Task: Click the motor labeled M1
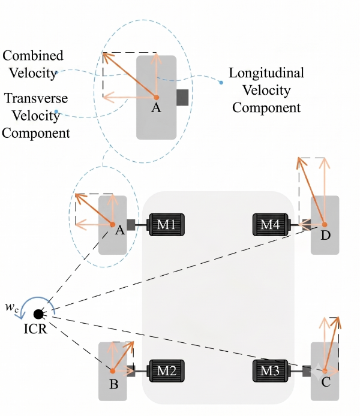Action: (x=166, y=225)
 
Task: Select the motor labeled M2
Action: (x=166, y=370)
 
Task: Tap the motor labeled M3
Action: (x=271, y=370)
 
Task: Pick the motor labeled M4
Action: (x=271, y=225)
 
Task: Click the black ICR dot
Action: (x=38, y=314)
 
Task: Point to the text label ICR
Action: (x=35, y=329)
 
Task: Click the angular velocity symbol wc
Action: (x=11, y=308)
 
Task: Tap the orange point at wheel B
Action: (x=113, y=370)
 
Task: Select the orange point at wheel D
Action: (x=325, y=225)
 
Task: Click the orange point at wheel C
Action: (x=325, y=370)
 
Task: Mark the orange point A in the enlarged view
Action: (x=157, y=97)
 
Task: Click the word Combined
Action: (x=33, y=56)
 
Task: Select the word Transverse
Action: (x=36, y=98)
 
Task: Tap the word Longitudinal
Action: (x=266, y=73)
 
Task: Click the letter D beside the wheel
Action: (x=325, y=235)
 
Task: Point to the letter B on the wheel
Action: (x=113, y=384)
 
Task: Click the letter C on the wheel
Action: (x=326, y=382)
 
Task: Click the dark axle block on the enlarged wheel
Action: (x=182, y=97)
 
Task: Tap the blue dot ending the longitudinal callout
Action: (x=221, y=83)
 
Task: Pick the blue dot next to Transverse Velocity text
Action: (x=56, y=111)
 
